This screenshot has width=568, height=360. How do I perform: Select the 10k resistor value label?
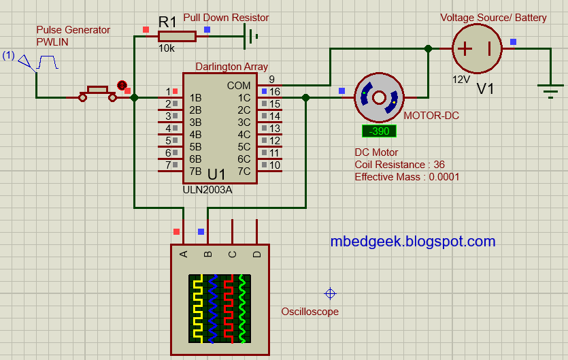[166, 49]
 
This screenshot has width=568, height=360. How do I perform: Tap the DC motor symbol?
[379, 97]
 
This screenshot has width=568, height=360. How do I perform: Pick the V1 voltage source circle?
[477, 49]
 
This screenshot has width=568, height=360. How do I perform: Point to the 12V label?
[461, 79]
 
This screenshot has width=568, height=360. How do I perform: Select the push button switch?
[98, 93]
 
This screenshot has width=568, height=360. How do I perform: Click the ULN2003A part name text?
[207, 190]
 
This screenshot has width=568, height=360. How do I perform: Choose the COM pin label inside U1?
[239, 86]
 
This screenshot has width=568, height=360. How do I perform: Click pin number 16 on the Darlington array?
[274, 92]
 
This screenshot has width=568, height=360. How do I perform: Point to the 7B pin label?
[195, 171]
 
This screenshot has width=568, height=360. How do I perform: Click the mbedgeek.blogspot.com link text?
[412, 241]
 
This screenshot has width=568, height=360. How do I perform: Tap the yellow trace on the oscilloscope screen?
[197, 308]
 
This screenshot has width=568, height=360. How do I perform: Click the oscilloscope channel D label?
[256, 255]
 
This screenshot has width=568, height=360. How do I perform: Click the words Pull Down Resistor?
[226, 18]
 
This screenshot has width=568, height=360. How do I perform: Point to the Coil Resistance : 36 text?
[399, 165]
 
